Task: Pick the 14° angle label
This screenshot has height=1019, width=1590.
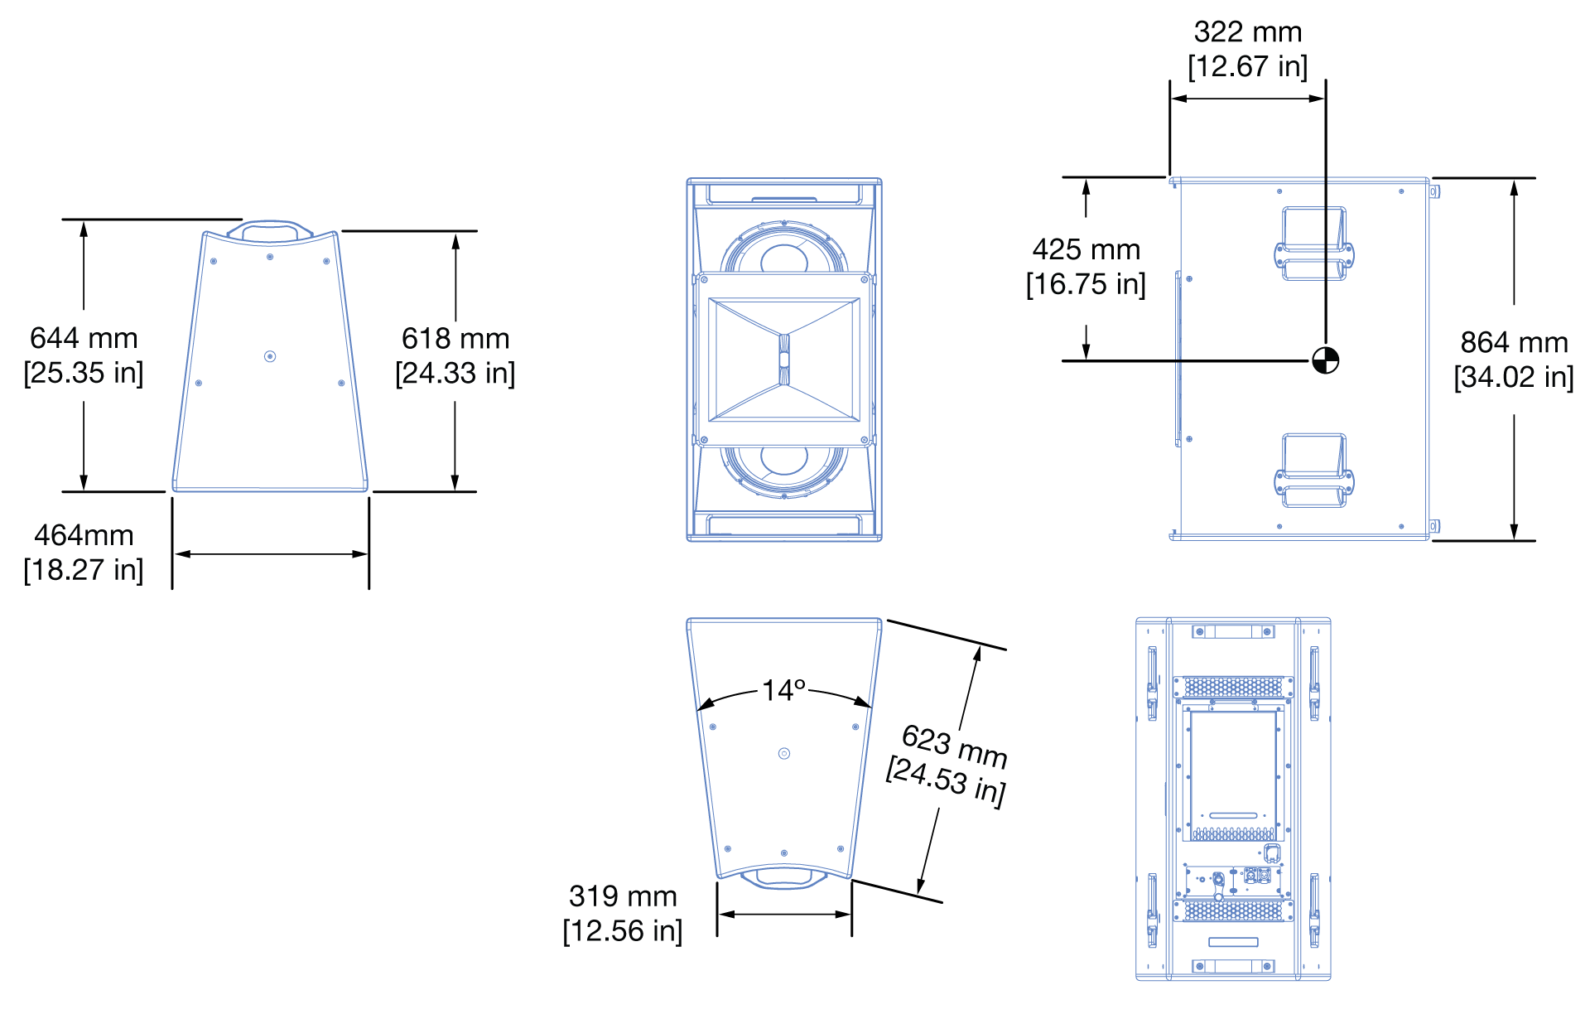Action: (783, 690)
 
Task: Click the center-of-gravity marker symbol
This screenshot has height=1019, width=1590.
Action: (1325, 360)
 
